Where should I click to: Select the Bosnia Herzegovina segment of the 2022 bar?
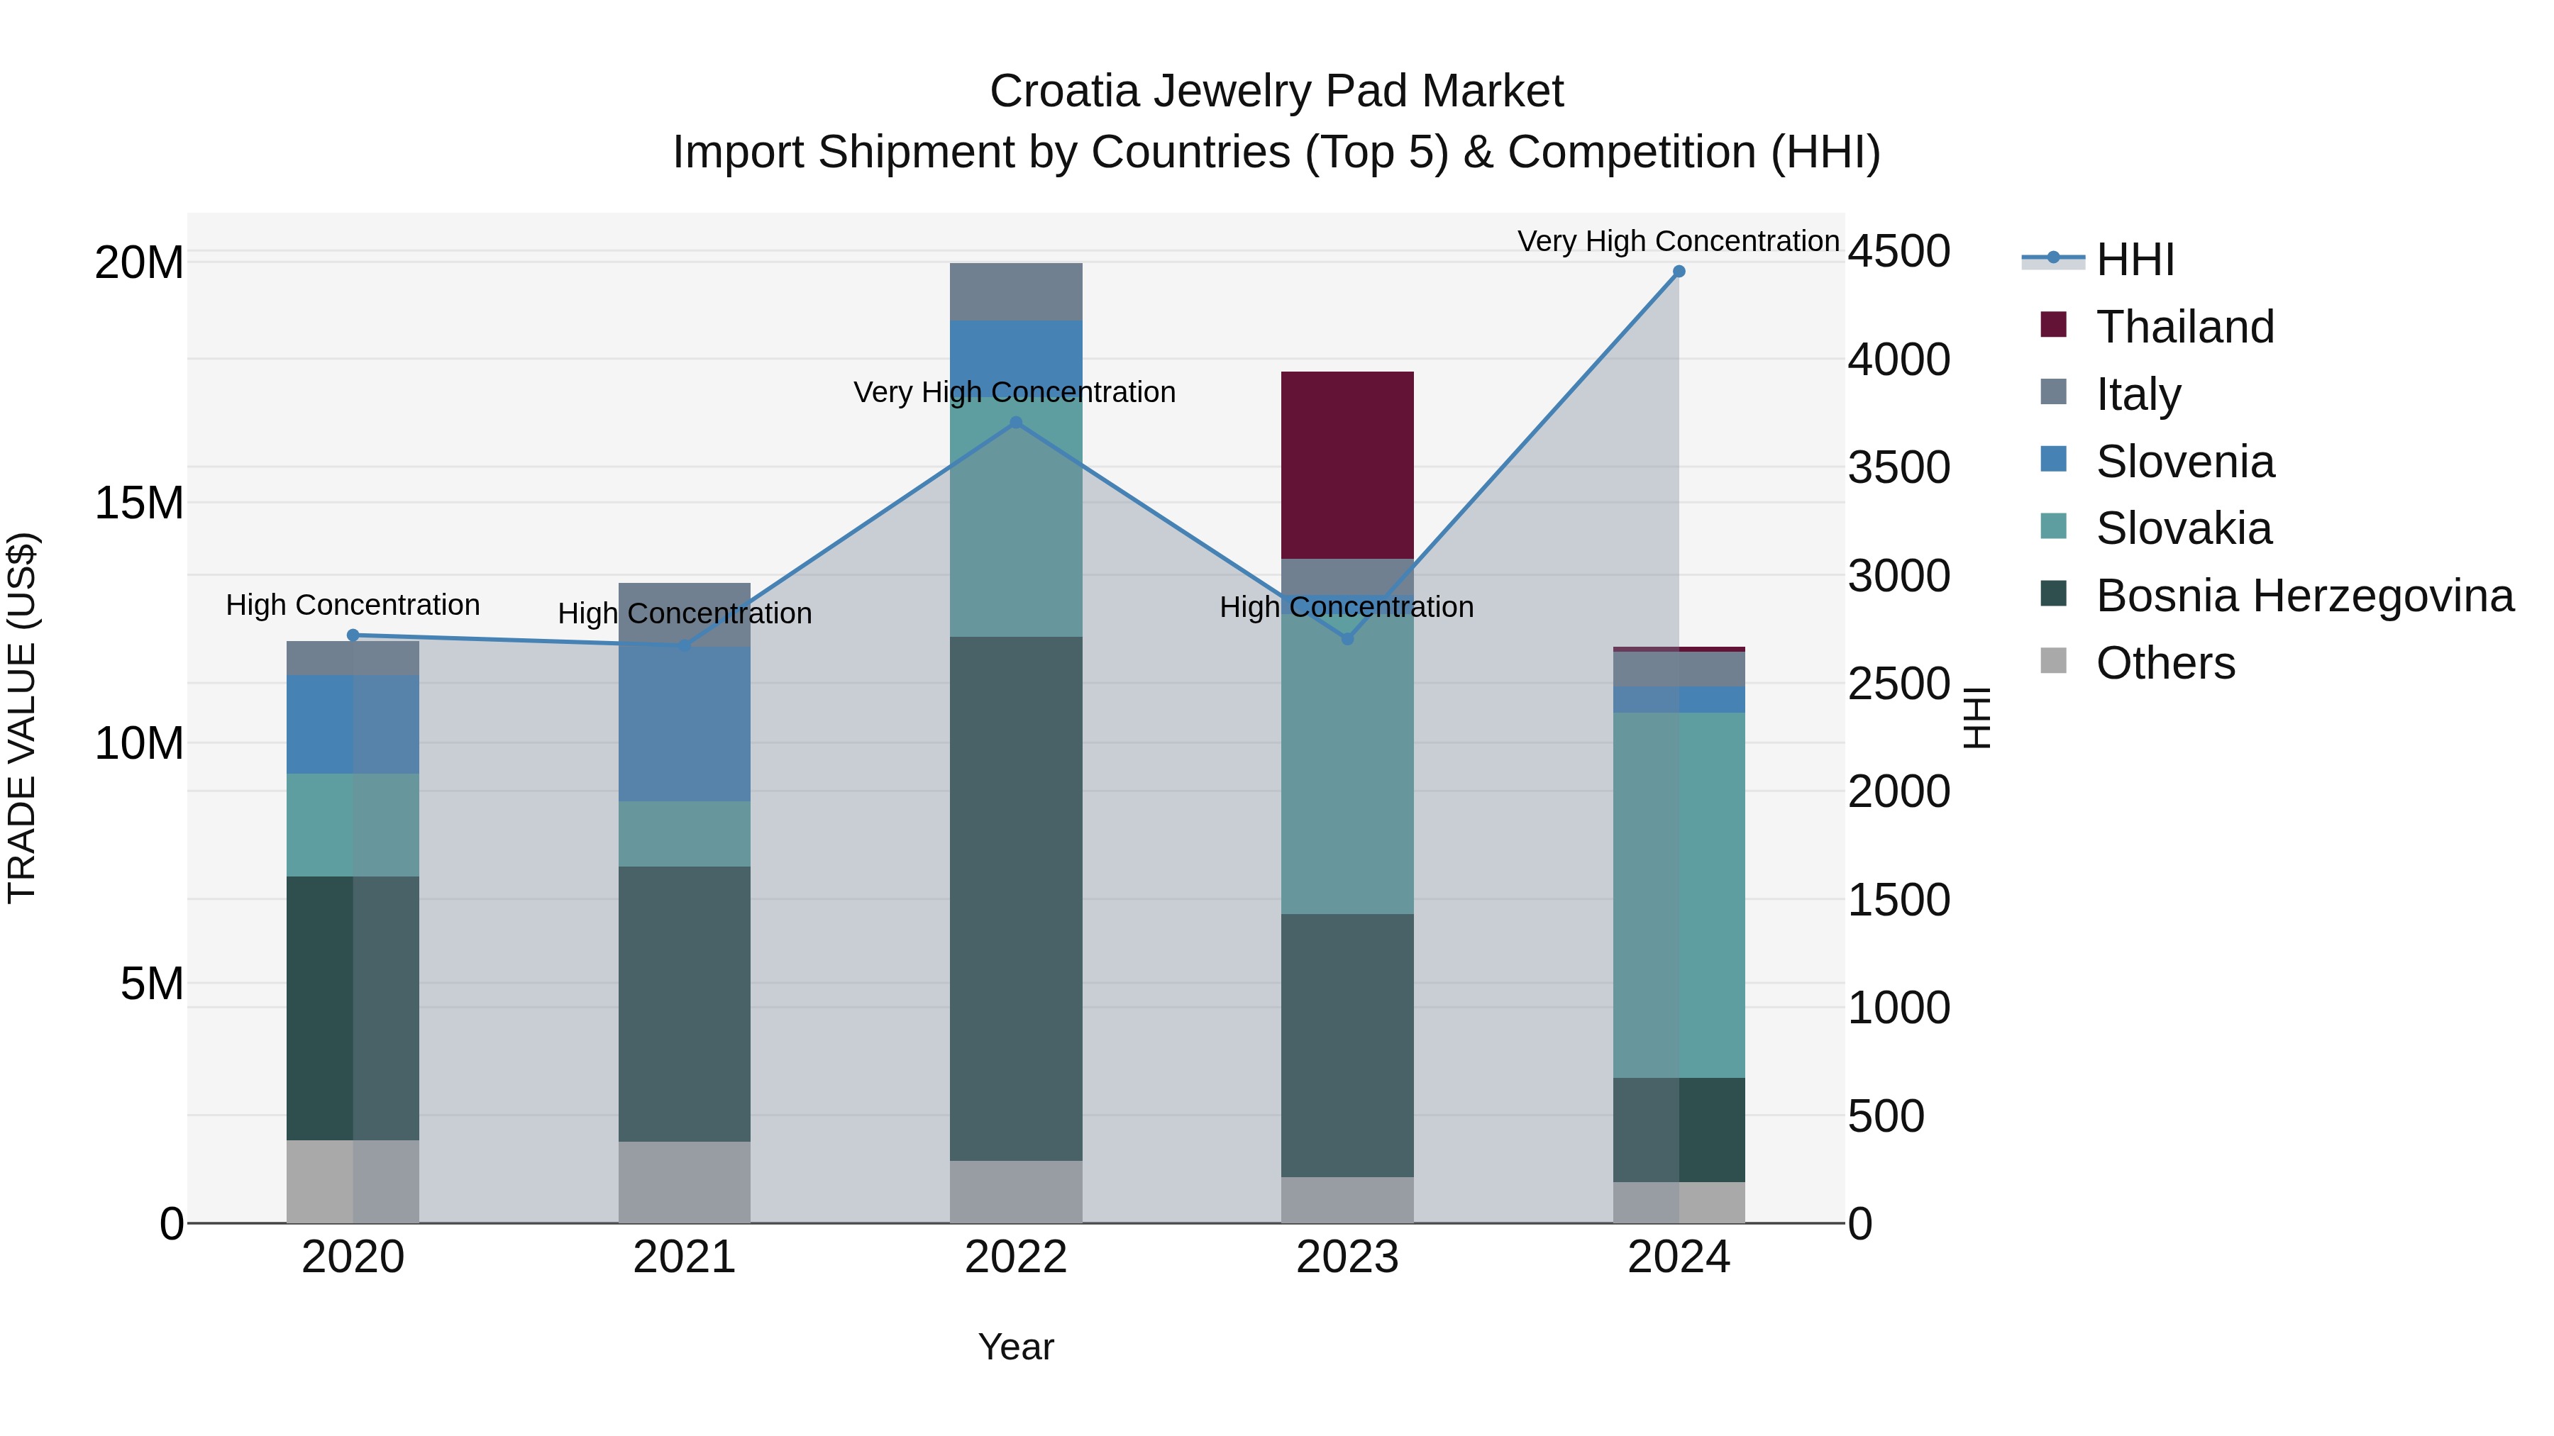point(1015,897)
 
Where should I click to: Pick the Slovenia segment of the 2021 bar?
point(684,723)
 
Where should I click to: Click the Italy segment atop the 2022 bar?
point(1015,291)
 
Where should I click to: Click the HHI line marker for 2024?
point(1679,271)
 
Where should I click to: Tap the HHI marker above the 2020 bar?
point(352,635)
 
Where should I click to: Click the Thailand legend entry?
point(2184,327)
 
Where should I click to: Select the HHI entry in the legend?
point(2135,260)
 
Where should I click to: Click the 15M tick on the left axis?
point(140,503)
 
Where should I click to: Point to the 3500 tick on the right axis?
point(1898,468)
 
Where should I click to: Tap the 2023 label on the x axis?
point(1347,1257)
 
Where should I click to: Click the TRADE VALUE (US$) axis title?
point(22,718)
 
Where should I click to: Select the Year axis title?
point(1015,1347)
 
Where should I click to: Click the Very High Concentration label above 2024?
point(1678,241)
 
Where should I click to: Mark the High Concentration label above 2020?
point(352,604)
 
